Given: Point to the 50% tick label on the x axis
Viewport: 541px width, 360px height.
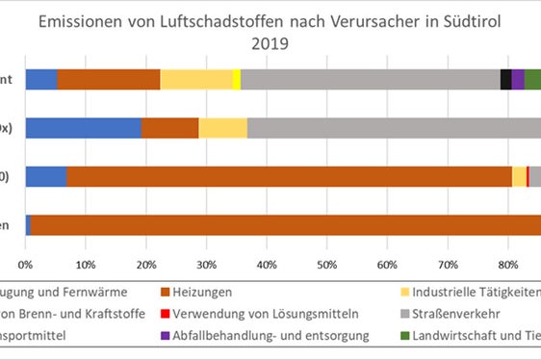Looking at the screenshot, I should pyautogui.click(x=327, y=262).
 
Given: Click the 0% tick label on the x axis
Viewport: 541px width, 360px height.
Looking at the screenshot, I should pyautogui.click(x=26, y=262).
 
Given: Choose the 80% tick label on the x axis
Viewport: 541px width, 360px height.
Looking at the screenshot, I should pyautogui.click(x=507, y=262).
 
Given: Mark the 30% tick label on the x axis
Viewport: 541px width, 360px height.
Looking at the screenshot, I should pyautogui.click(x=206, y=262).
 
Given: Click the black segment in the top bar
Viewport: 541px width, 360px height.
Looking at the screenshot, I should pyautogui.click(x=505, y=80).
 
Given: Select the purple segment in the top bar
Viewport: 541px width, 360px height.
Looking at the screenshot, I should pyautogui.click(x=518, y=80).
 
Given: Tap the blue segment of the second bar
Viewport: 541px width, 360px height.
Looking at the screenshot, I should pyautogui.click(x=84, y=128).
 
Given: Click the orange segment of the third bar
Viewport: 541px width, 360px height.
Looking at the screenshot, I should pyautogui.click(x=289, y=176).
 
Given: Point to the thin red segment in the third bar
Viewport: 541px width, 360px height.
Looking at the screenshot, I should pyautogui.click(x=528, y=176).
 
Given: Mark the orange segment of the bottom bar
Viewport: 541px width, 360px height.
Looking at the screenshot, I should pyautogui.click(x=289, y=224).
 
